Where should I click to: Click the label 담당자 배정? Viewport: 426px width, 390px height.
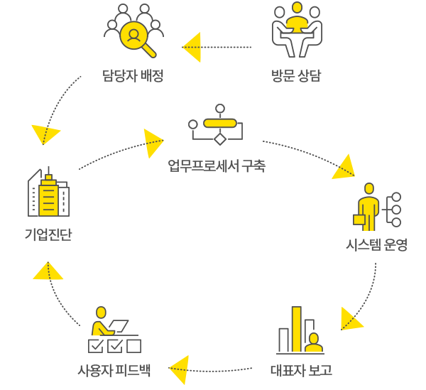tap(132, 75)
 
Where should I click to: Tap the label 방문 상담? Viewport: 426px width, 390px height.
tap(296, 75)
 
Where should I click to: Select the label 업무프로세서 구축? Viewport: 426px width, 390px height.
tap(217, 166)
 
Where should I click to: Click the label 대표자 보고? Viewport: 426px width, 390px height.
tap(301, 370)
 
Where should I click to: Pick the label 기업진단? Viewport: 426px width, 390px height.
tap(48, 234)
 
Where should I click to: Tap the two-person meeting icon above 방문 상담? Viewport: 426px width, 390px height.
tap(297, 31)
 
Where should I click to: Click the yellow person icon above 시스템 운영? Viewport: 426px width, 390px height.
tap(368, 207)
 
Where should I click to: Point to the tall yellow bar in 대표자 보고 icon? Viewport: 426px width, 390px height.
tap(297, 328)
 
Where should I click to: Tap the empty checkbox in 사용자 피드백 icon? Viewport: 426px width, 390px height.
tap(134, 346)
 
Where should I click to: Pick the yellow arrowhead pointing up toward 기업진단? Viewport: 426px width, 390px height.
tap(48, 271)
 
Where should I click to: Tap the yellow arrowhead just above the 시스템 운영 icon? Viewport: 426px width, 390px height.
tap(345, 167)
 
